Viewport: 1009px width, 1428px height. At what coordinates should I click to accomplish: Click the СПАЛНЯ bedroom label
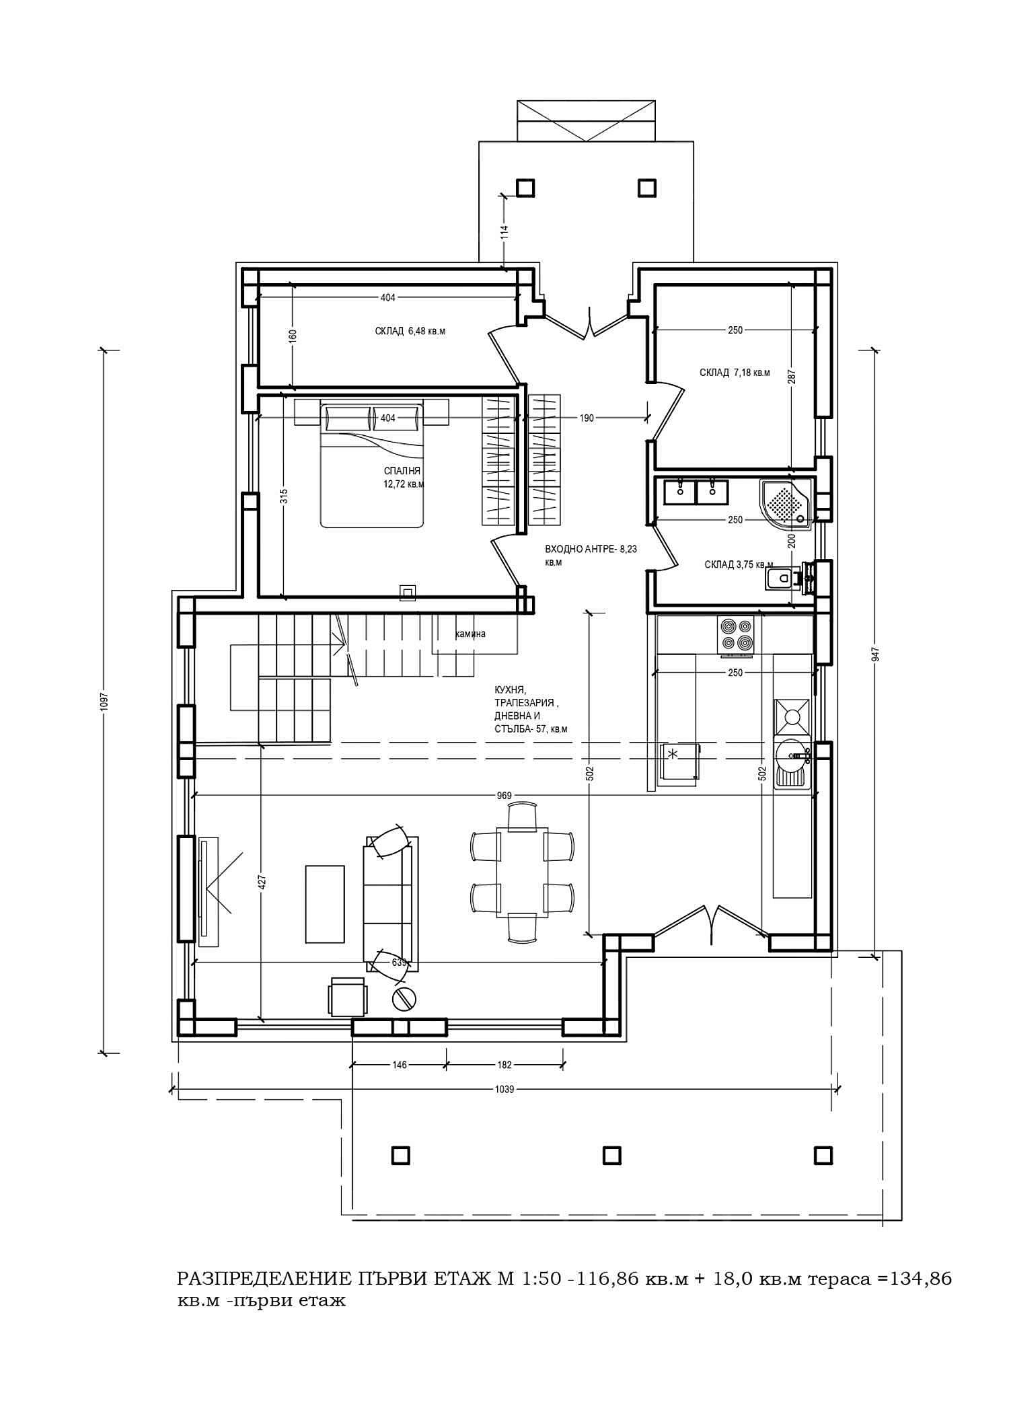[402, 471]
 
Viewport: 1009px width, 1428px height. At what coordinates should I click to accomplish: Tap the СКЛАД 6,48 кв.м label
[410, 331]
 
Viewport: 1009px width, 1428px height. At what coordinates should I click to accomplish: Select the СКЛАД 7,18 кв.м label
[735, 373]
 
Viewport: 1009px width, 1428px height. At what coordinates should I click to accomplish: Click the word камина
[470, 634]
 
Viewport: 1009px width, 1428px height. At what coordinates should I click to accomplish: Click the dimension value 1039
[504, 1089]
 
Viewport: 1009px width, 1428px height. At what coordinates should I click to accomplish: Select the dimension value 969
[504, 796]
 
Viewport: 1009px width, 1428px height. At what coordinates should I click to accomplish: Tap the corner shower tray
[784, 502]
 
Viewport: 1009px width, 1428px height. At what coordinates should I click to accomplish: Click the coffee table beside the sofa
[325, 904]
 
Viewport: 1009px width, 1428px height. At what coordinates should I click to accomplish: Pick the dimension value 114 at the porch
[504, 232]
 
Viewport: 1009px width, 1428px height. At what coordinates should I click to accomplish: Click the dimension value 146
[399, 1065]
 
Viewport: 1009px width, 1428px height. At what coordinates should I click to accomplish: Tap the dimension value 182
[504, 1065]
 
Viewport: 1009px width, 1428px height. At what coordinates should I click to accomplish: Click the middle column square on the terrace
[611, 1155]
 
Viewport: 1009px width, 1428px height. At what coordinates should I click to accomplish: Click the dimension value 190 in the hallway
[587, 418]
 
